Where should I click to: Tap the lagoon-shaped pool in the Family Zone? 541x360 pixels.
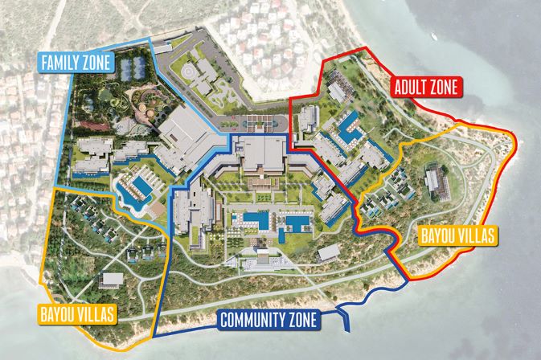(x=133, y=192)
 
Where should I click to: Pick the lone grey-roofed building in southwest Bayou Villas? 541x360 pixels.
(x=112, y=280)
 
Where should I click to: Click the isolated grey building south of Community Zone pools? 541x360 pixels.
(x=329, y=253)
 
